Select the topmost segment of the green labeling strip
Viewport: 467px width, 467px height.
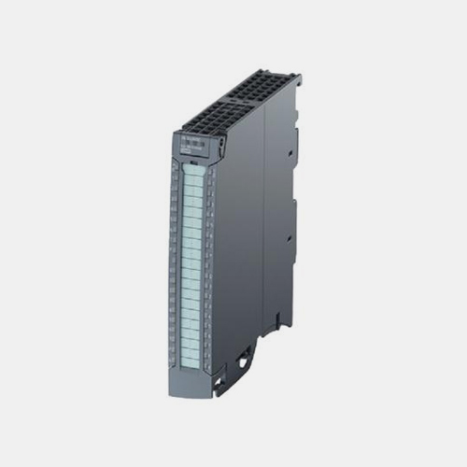click(193, 170)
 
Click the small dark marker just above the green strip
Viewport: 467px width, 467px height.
click(191, 161)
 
